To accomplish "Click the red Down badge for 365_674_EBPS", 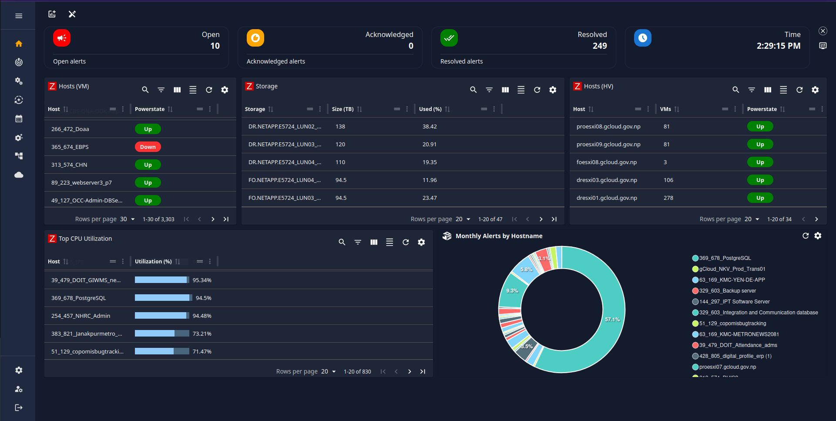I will coord(148,147).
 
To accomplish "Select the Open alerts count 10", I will coord(215,46).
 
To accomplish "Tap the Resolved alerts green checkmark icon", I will coord(449,38).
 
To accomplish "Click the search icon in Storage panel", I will coord(473,90).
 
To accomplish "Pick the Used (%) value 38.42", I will coord(429,127).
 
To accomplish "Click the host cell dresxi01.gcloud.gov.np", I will coord(606,198).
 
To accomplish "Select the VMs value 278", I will coord(668,198).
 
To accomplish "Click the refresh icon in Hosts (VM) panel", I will coord(209,90).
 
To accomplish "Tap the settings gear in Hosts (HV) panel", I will coord(815,90).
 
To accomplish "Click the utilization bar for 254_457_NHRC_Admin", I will coord(161,316).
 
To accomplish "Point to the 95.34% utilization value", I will coord(202,280).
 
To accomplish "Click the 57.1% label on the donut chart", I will coord(612,320).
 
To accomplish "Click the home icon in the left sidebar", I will coord(19,44).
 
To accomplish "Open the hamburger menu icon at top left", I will coord(19,16).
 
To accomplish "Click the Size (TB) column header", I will coord(342,109).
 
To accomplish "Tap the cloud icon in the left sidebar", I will coord(19,175).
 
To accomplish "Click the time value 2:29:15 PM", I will coord(778,46).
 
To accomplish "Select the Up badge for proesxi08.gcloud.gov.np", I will coord(760,127).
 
